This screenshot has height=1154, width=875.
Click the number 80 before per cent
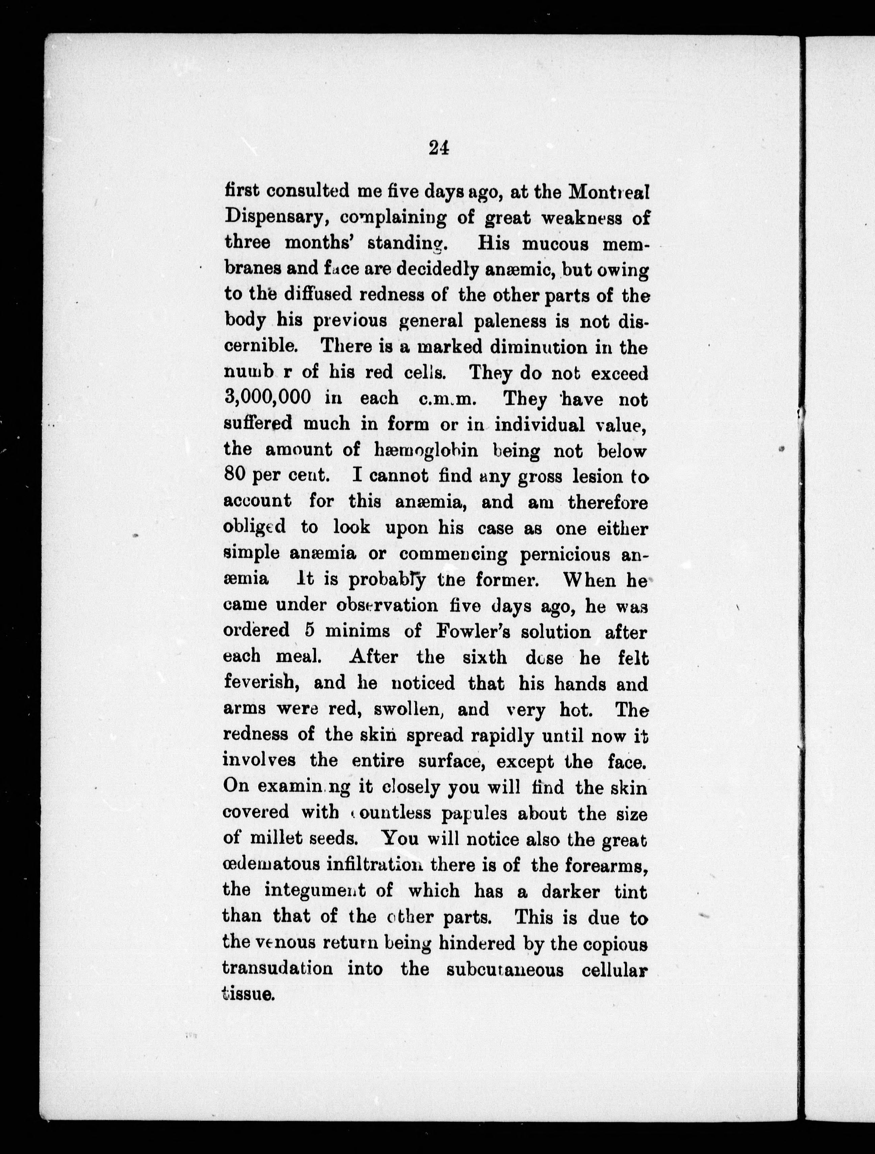tap(236, 475)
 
